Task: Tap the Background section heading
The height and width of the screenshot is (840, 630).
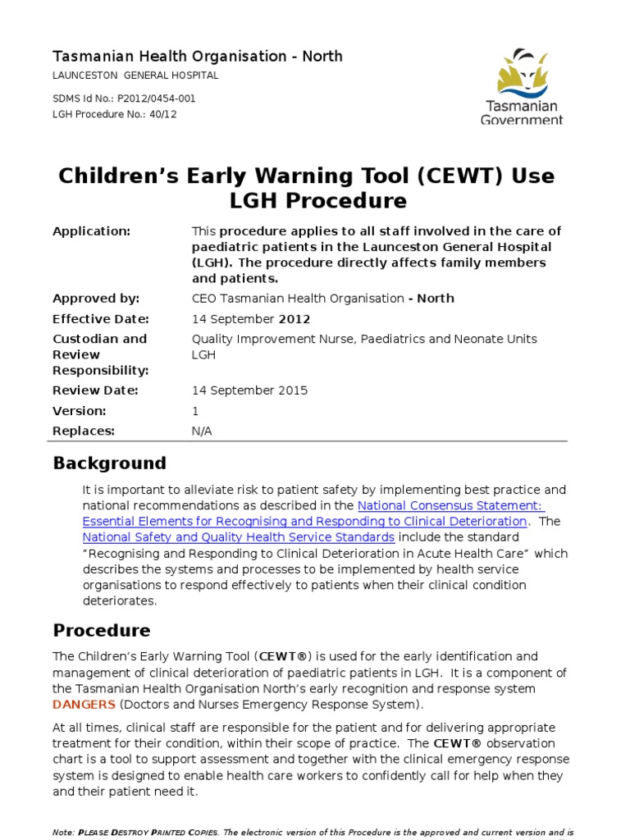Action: [x=109, y=463]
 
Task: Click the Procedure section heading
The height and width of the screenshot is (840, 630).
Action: [x=102, y=631]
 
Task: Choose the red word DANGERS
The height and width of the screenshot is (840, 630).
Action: [x=84, y=705]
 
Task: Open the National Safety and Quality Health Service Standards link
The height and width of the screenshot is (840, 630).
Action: [x=239, y=537]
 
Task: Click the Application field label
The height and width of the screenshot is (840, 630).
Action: [x=92, y=231]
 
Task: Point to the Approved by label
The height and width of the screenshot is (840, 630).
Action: [x=96, y=299]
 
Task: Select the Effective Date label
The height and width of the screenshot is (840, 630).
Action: [x=101, y=319]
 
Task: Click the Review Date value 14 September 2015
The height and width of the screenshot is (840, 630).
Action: [x=250, y=390]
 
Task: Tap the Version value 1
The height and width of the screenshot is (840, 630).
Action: [x=195, y=411]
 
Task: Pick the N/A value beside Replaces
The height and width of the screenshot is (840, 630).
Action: [x=202, y=431]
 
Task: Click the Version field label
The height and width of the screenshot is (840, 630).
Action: [x=80, y=411]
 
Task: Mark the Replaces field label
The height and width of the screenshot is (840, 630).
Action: [x=84, y=431]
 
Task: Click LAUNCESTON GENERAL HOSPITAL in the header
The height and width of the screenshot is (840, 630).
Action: [x=135, y=75]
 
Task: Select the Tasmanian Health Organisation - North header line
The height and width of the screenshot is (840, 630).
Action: [x=198, y=57]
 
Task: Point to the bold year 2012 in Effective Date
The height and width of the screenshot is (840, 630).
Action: [x=294, y=319]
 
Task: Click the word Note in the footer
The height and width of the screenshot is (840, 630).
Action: [x=62, y=833]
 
